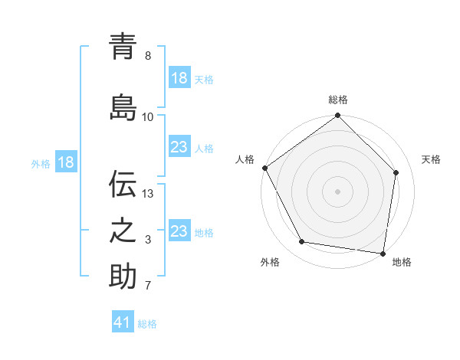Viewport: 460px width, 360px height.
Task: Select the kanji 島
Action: pos(123,107)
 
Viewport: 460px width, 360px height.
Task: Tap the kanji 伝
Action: pos(123,184)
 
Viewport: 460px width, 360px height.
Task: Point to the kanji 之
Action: pos(123,230)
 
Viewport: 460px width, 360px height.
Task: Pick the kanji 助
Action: pos(123,276)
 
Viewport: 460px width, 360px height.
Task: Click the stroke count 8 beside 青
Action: pos(148,56)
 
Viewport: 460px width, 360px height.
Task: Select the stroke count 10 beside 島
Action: pos(148,116)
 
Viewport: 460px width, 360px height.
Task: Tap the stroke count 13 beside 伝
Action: pos(148,193)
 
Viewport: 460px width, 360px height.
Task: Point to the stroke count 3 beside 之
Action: pos(148,240)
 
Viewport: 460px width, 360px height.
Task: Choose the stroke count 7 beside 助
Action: pos(148,286)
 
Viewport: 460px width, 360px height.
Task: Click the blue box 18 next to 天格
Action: pos(179,78)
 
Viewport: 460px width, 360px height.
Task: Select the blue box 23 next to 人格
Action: pos(179,147)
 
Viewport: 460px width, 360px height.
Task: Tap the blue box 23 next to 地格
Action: pos(179,231)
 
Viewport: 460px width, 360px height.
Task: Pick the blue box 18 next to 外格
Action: pos(65,162)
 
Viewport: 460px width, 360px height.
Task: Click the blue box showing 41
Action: pos(123,322)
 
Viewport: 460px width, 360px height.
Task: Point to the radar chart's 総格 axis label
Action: pos(338,100)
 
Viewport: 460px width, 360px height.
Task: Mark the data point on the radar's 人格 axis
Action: pos(265,168)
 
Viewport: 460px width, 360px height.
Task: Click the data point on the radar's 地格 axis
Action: pos(383,252)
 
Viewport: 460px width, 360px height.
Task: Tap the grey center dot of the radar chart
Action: pos(338,191)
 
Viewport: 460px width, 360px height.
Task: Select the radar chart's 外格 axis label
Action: pos(270,263)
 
